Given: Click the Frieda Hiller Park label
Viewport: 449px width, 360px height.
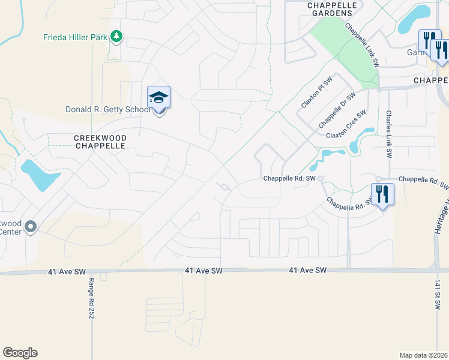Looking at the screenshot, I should point(75,37).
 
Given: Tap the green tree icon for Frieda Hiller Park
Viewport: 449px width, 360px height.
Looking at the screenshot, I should point(116,37).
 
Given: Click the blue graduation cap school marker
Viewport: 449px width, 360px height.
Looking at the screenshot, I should point(159,97).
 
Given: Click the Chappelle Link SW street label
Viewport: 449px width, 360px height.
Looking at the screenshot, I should point(363,44).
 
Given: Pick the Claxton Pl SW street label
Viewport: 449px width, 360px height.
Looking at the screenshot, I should point(316,93).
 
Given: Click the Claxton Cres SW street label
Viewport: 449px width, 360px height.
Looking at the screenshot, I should point(346,124).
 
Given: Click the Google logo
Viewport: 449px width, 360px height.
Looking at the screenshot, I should point(20,353).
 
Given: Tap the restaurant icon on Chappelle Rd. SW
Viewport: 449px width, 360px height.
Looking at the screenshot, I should point(382,194).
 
